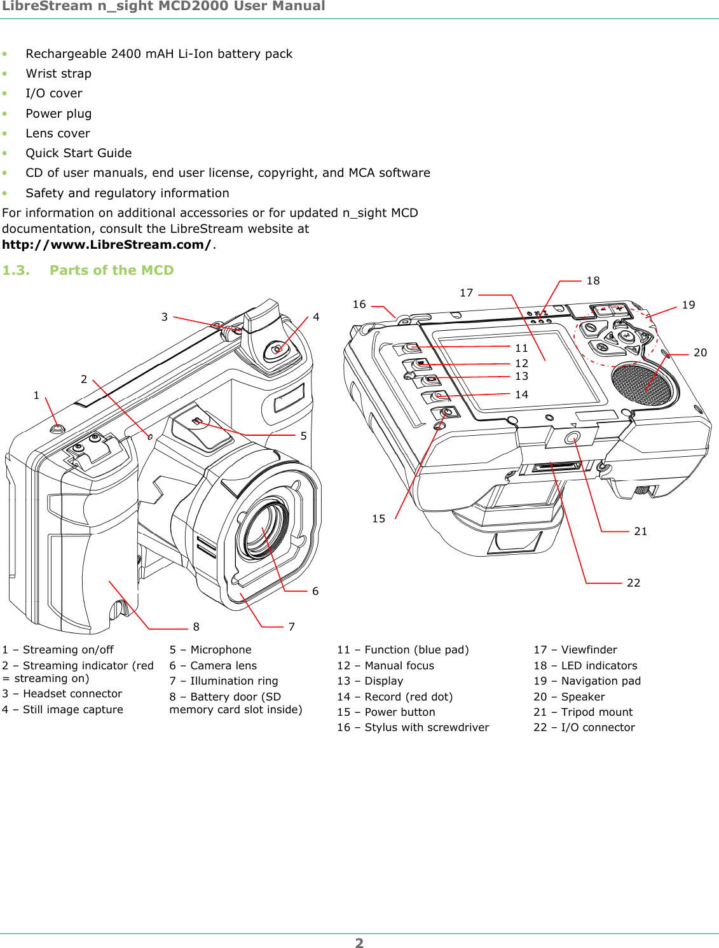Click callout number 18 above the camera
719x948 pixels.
click(x=592, y=281)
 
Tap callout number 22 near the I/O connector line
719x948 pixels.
click(x=633, y=583)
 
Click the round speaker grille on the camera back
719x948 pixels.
click(x=641, y=384)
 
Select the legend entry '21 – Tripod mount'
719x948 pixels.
click(x=583, y=712)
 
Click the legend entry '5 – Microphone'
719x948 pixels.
click(x=210, y=650)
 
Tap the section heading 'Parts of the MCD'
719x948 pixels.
click(x=111, y=270)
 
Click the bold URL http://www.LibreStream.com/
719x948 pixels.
click(x=107, y=245)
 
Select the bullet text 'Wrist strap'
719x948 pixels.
click(x=58, y=74)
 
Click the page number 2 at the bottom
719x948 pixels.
click(x=359, y=943)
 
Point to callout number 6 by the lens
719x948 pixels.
click(x=315, y=591)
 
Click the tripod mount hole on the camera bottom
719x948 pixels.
click(x=572, y=438)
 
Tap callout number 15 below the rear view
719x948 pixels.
click(x=378, y=519)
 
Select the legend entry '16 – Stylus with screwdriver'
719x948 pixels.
click(x=413, y=727)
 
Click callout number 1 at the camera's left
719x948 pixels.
click(x=36, y=395)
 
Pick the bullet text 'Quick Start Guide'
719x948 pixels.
click(x=79, y=153)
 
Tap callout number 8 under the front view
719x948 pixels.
click(x=196, y=627)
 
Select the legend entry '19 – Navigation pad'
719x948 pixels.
click(x=587, y=681)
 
